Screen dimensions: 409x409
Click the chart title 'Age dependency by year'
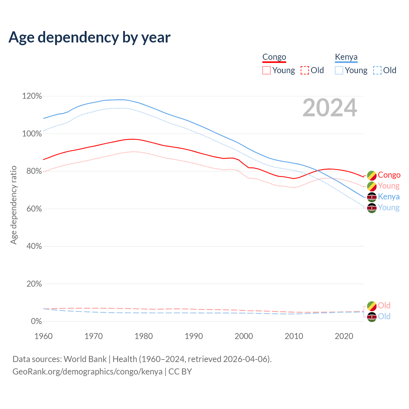[89, 37]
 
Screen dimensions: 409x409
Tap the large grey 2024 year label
[330, 108]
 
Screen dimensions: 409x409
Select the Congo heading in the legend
[274, 57]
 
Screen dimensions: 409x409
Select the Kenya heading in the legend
[346, 57]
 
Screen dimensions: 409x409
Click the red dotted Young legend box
[266, 70]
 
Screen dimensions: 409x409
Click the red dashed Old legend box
[305, 70]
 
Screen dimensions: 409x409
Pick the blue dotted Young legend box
[339, 70]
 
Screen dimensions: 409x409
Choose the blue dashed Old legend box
[377, 70]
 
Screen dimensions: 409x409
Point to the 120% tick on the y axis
[32, 96]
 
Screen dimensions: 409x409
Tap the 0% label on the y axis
[36, 321]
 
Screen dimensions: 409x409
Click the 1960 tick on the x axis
[43, 336]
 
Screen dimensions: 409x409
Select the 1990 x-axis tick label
[194, 336]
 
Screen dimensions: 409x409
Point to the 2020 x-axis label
[344, 336]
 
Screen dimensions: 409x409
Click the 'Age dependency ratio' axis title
[13, 205]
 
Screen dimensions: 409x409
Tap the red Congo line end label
[389, 175]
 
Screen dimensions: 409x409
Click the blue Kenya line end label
[389, 197]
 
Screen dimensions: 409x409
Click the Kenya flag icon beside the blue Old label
[372, 317]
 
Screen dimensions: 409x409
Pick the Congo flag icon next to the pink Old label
[372, 306]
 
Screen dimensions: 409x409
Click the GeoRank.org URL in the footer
[87, 372]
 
